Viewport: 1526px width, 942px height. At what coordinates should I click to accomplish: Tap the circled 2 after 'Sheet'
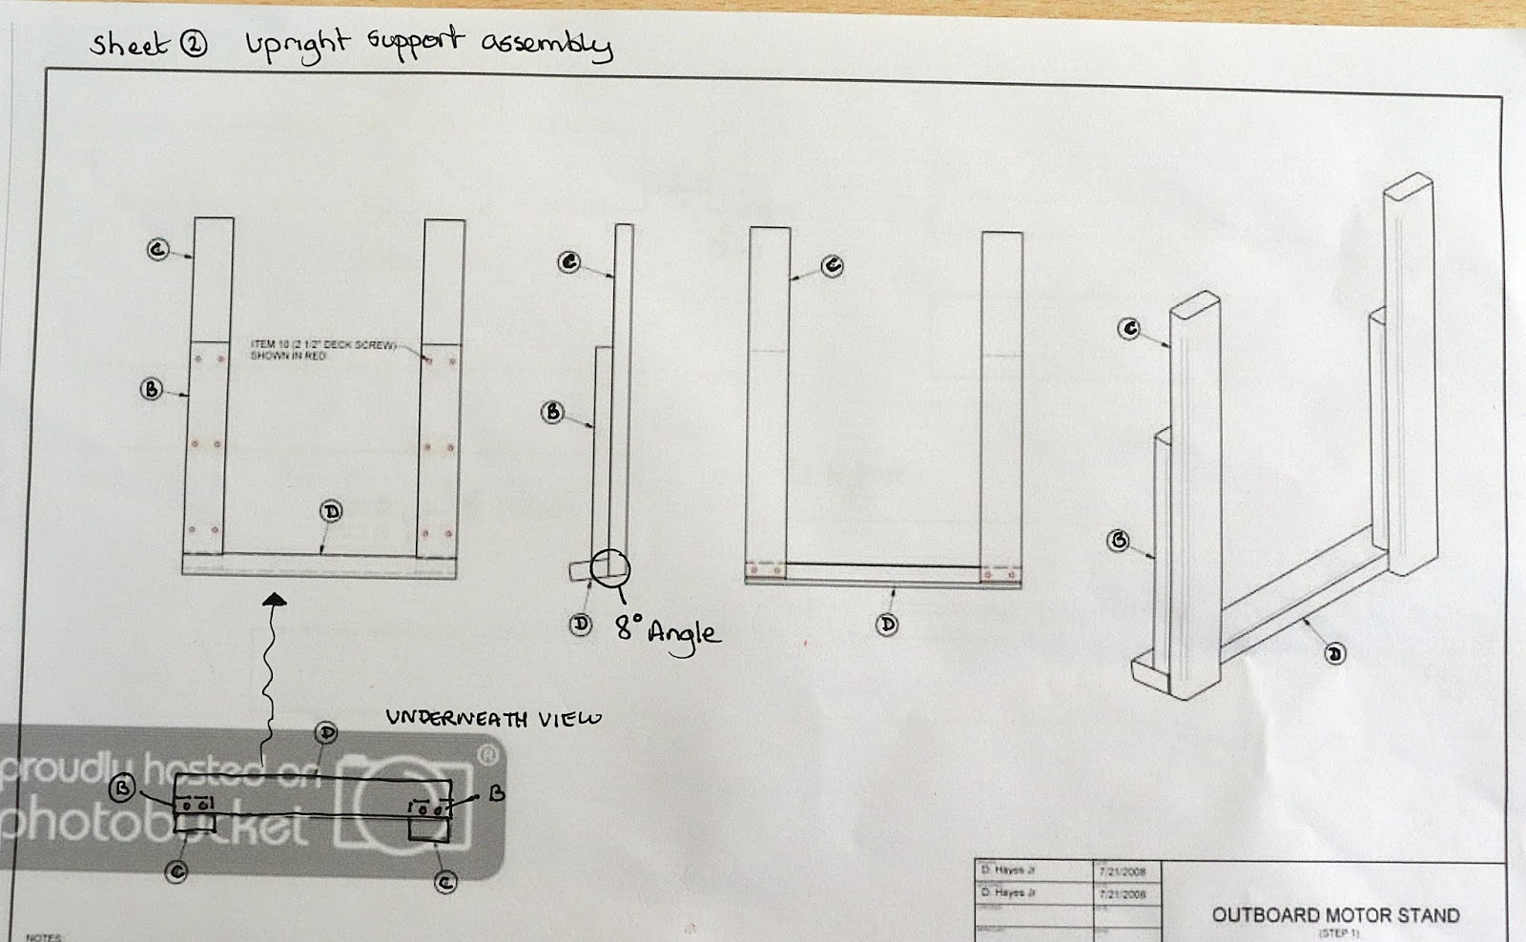(x=194, y=45)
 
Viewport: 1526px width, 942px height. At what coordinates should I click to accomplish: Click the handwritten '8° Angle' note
(x=668, y=631)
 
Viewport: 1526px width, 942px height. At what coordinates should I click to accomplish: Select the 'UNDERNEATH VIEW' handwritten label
(x=493, y=718)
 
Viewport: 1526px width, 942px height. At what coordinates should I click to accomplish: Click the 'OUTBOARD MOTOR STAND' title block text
(x=1335, y=915)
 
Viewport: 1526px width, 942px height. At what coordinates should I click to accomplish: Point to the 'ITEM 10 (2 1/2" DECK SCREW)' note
(x=321, y=349)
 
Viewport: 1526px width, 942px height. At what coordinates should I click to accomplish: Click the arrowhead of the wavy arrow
(x=275, y=600)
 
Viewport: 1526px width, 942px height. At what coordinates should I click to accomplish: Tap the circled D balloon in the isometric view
(x=1335, y=654)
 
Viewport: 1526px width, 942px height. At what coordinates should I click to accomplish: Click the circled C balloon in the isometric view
(x=1129, y=329)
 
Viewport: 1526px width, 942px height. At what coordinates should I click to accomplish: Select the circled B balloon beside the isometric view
(x=1118, y=541)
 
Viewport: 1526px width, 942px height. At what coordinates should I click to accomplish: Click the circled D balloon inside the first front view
(x=331, y=512)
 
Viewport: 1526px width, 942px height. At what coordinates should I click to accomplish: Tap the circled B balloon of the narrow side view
(x=552, y=412)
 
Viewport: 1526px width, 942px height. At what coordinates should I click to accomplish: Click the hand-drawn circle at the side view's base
(x=610, y=567)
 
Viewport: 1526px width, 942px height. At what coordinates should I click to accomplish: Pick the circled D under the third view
(x=887, y=625)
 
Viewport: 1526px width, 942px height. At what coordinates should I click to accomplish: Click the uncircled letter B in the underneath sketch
(x=496, y=793)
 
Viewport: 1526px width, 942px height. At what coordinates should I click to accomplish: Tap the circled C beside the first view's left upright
(x=158, y=250)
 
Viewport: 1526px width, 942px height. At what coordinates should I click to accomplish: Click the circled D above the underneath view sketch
(x=327, y=732)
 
